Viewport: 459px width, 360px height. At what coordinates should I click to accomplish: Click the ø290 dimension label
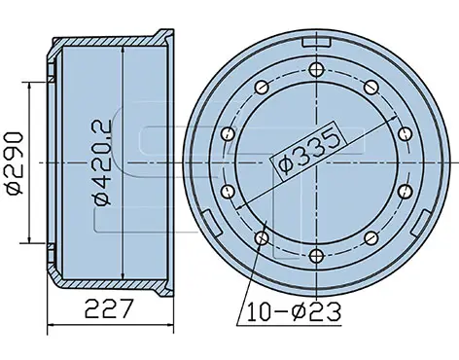point(16,163)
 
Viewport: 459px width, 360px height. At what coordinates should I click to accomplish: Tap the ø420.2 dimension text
point(103,162)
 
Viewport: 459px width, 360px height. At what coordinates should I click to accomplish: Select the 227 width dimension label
point(109,308)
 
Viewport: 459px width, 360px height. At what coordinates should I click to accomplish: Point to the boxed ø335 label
point(309,148)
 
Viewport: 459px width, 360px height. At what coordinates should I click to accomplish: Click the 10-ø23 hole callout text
point(294,311)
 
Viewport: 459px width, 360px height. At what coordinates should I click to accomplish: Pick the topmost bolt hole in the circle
point(316,69)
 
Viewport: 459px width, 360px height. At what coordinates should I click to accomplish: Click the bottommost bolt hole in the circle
point(316,257)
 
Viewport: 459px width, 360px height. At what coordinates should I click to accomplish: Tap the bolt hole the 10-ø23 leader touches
point(262,238)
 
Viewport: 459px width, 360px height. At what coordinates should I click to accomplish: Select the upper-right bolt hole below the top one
point(371,87)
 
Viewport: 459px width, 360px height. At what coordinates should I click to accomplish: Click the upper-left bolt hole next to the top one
point(262,87)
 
